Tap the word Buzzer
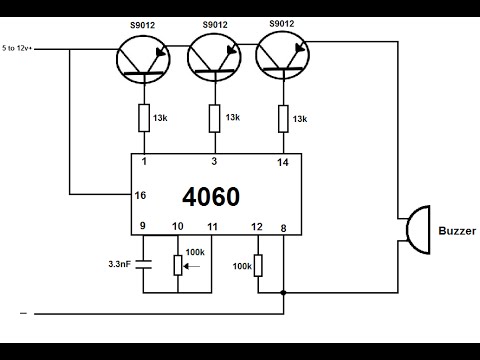click(x=457, y=231)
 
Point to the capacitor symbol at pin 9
click(x=143, y=264)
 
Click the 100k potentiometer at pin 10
click(x=178, y=265)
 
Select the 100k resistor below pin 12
click(x=258, y=265)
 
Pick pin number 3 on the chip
click(x=213, y=162)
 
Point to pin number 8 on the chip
click(x=285, y=228)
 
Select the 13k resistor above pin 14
click(x=285, y=118)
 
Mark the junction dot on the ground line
click(x=285, y=292)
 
